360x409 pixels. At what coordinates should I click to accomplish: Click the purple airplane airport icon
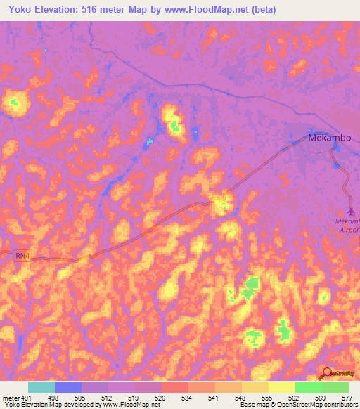pyautogui.click(x=352, y=211)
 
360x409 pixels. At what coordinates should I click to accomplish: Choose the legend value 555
pyautogui.click(x=267, y=398)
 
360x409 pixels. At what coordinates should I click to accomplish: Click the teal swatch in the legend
pyautogui.click(x=41, y=387)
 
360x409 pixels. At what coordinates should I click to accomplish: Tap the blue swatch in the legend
pyautogui.click(x=68, y=387)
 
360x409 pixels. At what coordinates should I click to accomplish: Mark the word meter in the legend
pyautogui.click(x=11, y=398)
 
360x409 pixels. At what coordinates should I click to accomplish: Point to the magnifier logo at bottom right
pyautogui.click(x=328, y=375)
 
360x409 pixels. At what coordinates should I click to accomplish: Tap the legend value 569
pyautogui.click(x=321, y=398)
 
